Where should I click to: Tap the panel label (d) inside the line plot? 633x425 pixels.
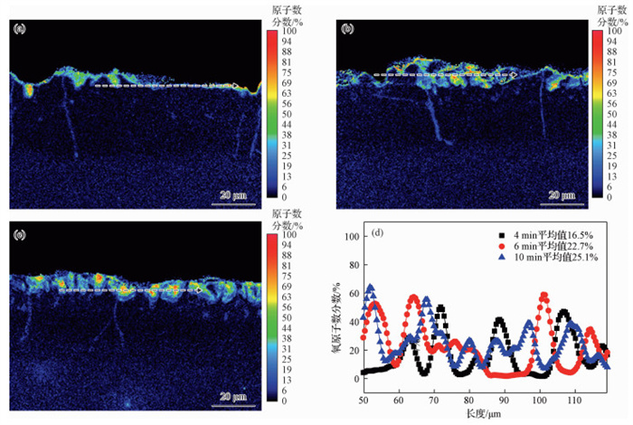(377, 233)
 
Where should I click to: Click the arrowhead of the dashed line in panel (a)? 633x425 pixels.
(236, 86)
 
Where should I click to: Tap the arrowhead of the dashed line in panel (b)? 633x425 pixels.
(513, 76)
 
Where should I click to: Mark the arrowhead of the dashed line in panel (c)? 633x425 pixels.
(201, 290)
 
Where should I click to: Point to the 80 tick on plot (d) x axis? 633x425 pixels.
(468, 399)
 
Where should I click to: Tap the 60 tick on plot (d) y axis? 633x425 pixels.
(353, 293)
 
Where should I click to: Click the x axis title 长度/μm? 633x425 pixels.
(486, 413)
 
